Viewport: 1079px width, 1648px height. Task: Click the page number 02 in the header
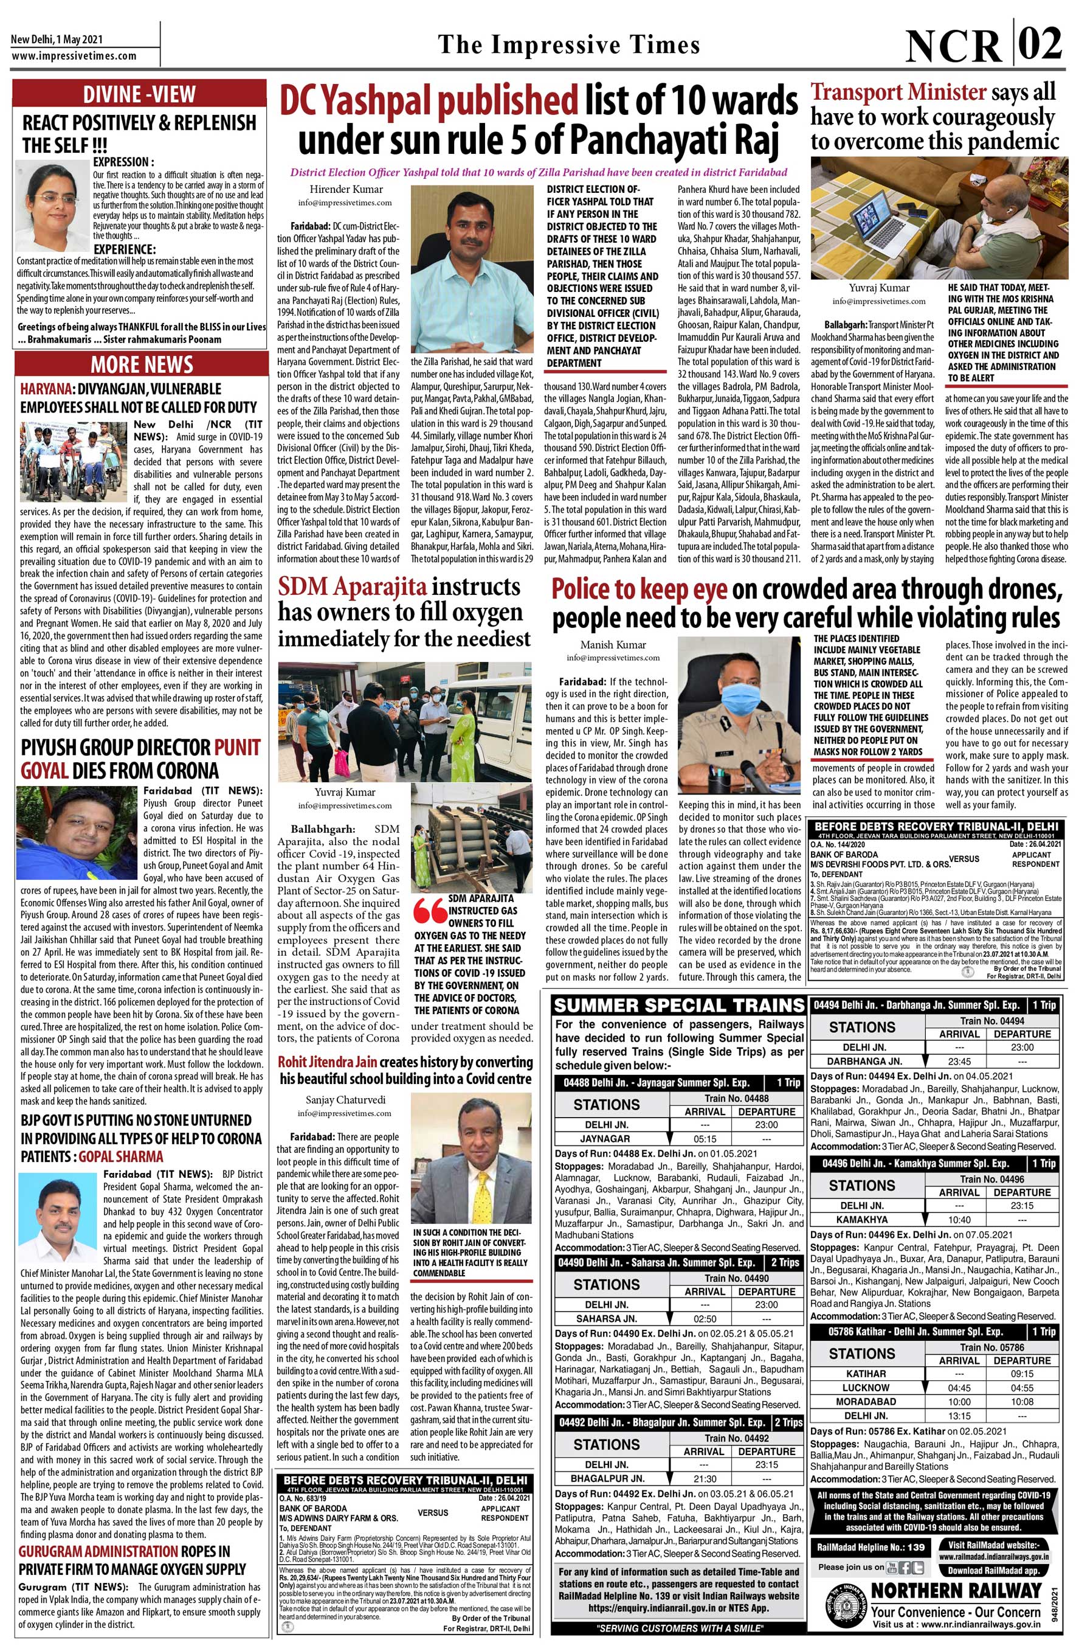click(x=1040, y=43)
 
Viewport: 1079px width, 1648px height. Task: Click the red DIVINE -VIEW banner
click(x=139, y=94)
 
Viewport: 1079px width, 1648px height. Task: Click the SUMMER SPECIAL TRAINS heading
click(x=679, y=1006)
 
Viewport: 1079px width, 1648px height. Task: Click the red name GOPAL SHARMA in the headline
click(x=121, y=1156)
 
